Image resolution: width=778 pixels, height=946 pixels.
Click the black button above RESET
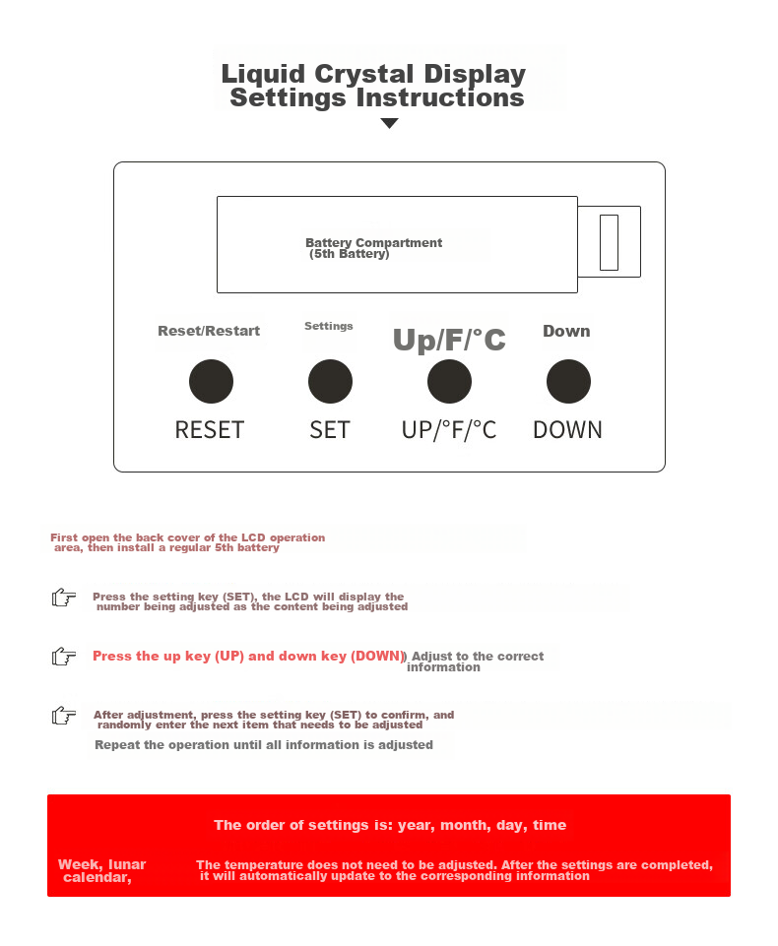[212, 381]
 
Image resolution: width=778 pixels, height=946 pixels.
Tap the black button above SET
[330, 381]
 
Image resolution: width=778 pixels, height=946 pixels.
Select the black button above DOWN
[568, 381]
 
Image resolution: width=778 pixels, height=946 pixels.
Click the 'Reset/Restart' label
[209, 331]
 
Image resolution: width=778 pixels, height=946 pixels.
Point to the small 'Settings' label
[328, 326]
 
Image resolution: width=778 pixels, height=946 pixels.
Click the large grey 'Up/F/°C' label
[449, 340]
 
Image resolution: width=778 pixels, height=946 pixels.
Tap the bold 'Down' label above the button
[566, 331]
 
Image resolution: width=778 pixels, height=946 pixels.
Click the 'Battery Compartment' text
[373, 242]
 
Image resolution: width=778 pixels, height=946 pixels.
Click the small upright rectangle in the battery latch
[609, 242]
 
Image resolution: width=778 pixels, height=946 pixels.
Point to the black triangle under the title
[390, 123]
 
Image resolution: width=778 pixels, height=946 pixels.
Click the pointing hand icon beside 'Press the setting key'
[64, 598]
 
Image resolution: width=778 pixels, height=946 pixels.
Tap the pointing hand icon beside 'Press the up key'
[64, 656]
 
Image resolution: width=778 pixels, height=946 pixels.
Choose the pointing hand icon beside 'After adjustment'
[64, 716]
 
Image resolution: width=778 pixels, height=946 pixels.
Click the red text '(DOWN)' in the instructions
[378, 656]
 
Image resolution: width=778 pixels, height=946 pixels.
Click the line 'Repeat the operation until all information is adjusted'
[264, 745]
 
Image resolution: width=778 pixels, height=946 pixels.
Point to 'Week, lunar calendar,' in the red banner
[102, 871]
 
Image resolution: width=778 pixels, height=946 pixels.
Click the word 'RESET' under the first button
[210, 430]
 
